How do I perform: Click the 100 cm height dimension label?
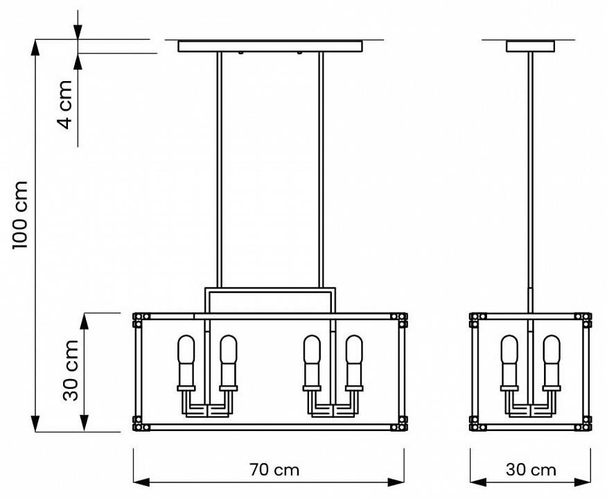21,215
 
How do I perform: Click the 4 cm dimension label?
64,104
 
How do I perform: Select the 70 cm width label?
275,470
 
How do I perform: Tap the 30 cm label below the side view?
531,470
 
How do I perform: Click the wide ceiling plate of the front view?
270,46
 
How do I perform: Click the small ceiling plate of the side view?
531,46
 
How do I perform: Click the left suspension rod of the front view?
219,166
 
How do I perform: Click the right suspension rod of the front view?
321,166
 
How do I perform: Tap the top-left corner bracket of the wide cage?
138,319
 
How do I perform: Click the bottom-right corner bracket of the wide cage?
400,423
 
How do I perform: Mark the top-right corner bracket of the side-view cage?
586,319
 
